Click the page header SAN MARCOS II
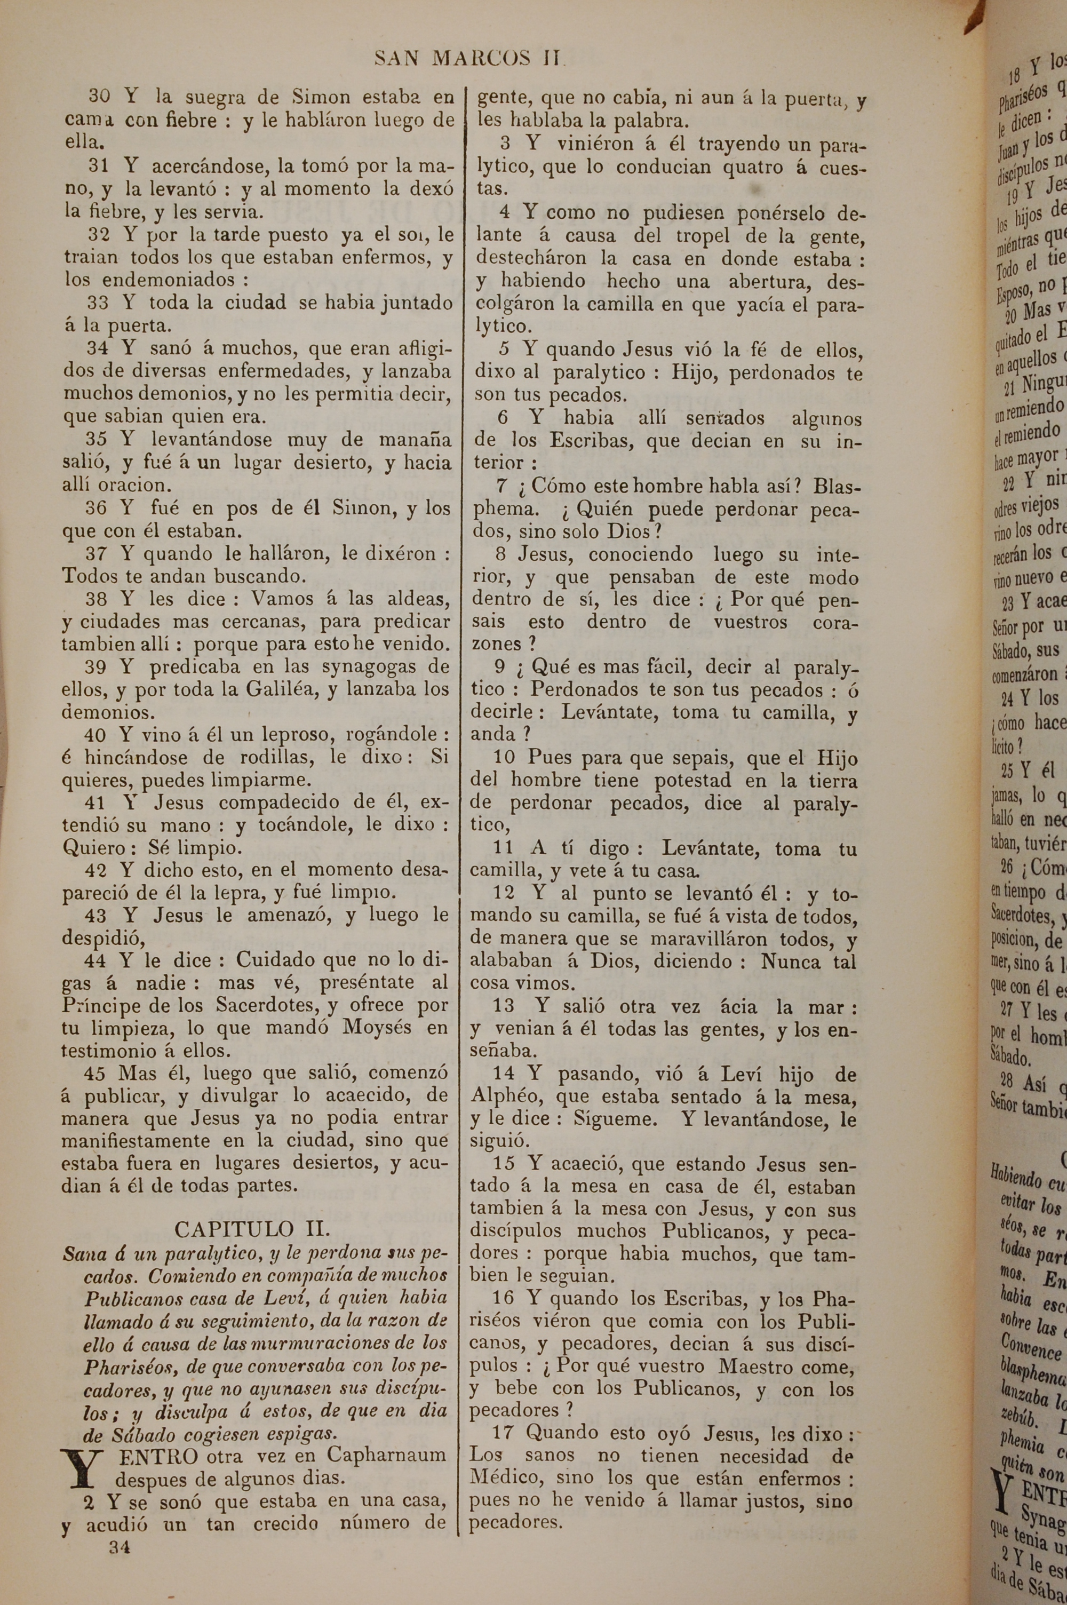point(470,59)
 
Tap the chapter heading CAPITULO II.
point(252,1210)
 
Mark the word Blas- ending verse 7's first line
point(837,487)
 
